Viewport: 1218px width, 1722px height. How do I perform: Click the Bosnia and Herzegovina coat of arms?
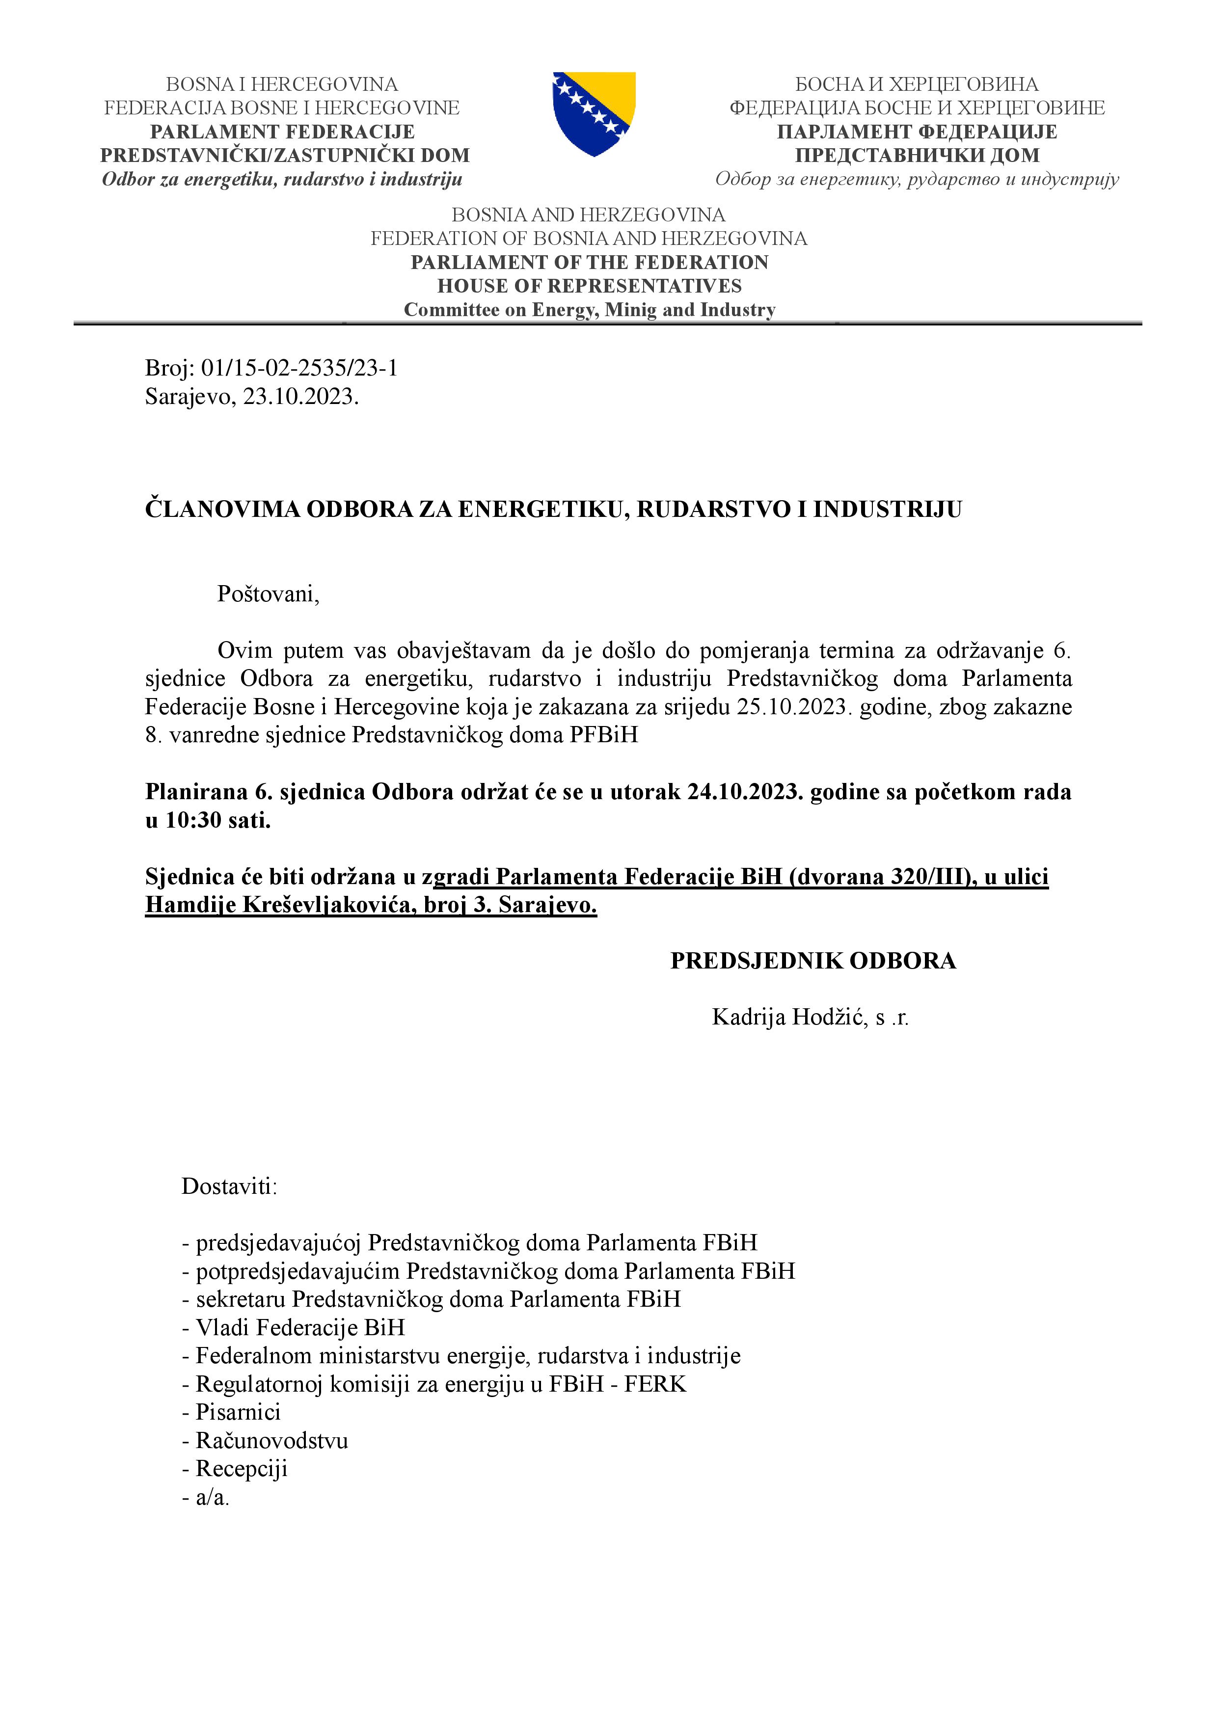coord(594,113)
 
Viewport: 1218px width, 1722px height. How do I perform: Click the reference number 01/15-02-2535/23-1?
coord(299,368)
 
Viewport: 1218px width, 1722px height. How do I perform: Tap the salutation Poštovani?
coord(268,594)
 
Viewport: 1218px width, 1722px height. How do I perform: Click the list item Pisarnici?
coord(238,1412)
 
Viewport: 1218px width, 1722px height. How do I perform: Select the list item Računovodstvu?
coord(271,1440)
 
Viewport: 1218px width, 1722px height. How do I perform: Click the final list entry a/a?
coord(212,1497)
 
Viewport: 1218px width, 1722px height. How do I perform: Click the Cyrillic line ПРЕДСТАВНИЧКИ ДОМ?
coord(917,155)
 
